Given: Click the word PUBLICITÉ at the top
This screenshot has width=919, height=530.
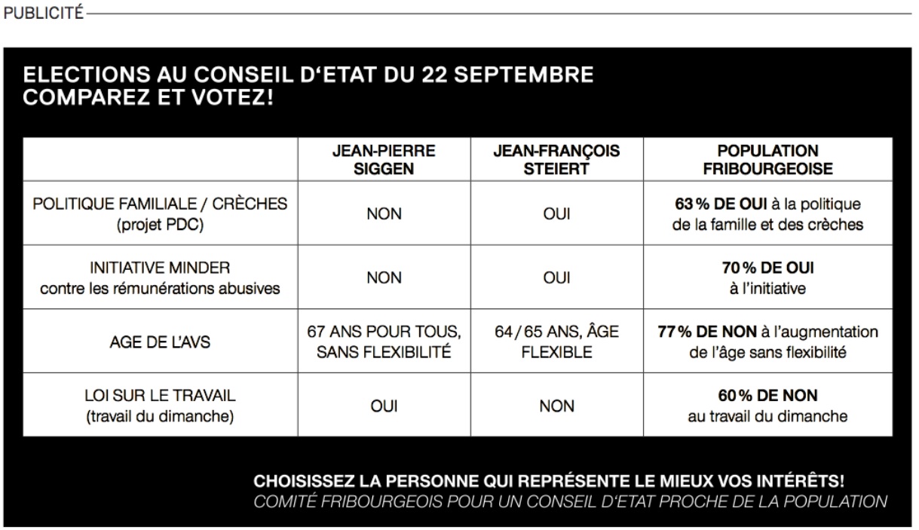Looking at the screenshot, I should pos(43,14).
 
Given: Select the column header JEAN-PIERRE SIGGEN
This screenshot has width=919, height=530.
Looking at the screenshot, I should pos(384,159).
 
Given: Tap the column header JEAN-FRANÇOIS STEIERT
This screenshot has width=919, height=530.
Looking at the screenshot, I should pos(556,159).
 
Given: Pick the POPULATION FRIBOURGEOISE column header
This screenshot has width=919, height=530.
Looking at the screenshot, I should pos(767,159).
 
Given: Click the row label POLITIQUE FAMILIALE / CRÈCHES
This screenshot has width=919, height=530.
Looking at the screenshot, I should pos(161,204).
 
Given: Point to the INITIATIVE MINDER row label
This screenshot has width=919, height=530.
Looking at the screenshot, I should pos(160,268).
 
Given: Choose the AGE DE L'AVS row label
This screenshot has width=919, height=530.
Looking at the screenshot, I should pos(160,342).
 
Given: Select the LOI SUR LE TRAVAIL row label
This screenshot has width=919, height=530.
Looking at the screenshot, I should pos(160,396).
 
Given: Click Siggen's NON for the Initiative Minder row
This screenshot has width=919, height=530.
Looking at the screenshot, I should pos(384,277).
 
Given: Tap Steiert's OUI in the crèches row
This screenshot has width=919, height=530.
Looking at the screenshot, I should pos(556,214).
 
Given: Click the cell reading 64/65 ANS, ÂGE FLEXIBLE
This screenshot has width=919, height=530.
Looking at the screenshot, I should pos(556,342).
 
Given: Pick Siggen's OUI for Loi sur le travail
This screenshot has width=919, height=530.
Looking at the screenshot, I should pos(384,406).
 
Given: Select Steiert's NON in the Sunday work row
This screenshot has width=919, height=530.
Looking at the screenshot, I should pos(556,406).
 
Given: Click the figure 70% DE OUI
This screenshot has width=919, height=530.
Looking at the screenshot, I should pos(767,268).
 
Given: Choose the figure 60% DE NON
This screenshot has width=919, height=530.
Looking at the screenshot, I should pos(767,396).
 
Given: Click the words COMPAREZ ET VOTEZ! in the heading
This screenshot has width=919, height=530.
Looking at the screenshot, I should pos(148,97).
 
